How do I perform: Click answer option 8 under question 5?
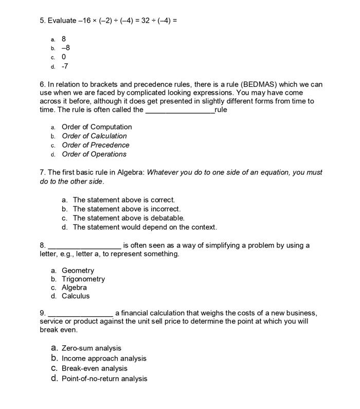click(64, 39)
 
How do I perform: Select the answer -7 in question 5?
click(65, 66)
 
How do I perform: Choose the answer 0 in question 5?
click(64, 57)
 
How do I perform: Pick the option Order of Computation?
click(97, 127)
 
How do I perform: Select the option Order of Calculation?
click(94, 136)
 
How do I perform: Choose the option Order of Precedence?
click(96, 145)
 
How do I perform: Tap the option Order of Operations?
click(94, 154)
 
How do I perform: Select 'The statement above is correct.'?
click(123, 200)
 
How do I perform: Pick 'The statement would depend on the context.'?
click(145, 227)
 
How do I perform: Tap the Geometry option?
click(78, 271)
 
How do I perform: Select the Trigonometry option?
click(83, 279)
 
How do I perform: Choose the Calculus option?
click(76, 296)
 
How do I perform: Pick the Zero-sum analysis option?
click(92, 349)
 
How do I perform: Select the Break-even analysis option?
click(95, 369)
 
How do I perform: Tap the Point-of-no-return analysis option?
click(104, 379)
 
